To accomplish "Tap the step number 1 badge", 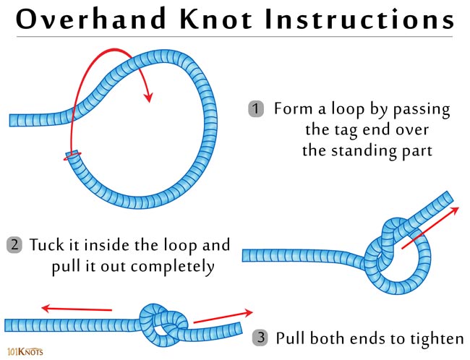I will pos(256,110).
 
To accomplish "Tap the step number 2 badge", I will pos(14,244).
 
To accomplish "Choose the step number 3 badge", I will pos(261,338).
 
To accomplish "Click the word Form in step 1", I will pos(291,110).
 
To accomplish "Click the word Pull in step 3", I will pos(291,338).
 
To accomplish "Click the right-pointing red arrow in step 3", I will pos(223,316).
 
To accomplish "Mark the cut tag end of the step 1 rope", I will pos(73,154).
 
